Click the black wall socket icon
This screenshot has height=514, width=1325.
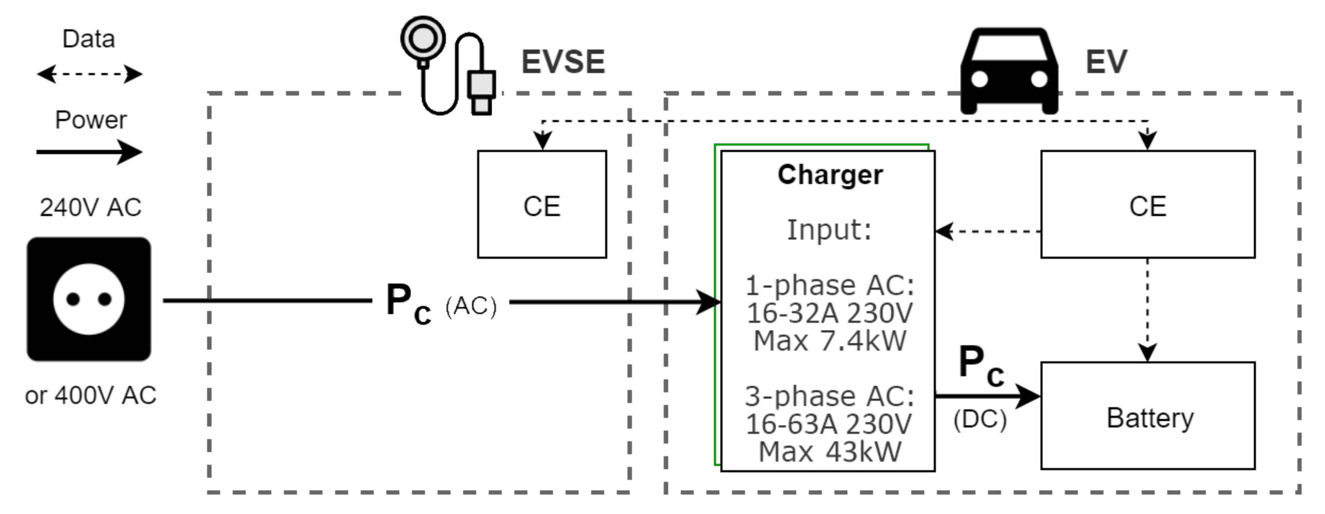(x=88, y=299)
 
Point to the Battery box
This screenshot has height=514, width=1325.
(x=1147, y=416)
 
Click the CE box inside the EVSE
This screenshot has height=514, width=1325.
(x=542, y=204)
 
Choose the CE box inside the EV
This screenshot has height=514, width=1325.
(x=1147, y=204)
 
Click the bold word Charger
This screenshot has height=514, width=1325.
(x=830, y=175)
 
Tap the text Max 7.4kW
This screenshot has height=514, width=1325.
(x=829, y=341)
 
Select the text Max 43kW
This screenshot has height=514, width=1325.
(x=829, y=452)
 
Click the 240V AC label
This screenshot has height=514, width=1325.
(x=90, y=207)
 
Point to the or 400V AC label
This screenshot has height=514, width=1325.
(x=90, y=395)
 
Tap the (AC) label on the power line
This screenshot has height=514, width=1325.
(x=470, y=306)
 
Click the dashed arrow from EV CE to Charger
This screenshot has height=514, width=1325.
(x=988, y=231)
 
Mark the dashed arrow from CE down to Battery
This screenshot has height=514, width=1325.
(x=1147, y=309)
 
